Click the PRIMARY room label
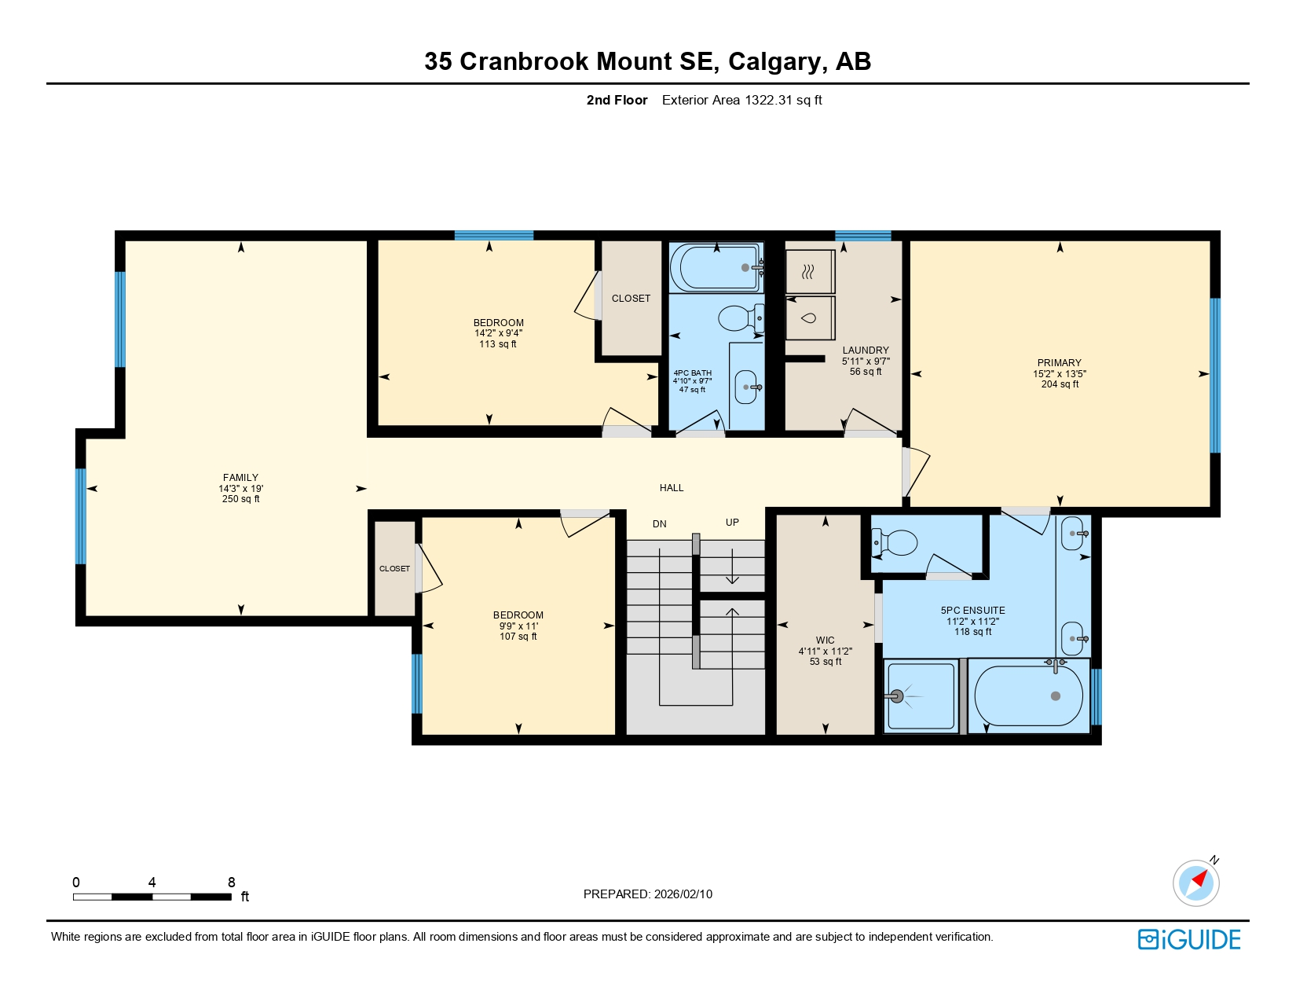(x=1059, y=363)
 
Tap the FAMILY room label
(x=240, y=478)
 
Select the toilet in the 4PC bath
(x=738, y=318)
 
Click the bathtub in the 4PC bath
(x=716, y=268)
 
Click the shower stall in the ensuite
(x=921, y=696)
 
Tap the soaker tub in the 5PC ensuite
(x=1029, y=696)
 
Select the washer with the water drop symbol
(x=809, y=318)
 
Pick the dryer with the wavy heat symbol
(x=809, y=272)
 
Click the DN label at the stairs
(x=659, y=524)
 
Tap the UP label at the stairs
(x=732, y=523)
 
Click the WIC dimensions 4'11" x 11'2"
(x=825, y=651)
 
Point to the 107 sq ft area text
(x=518, y=637)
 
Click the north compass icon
(x=1196, y=882)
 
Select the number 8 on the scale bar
(x=232, y=882)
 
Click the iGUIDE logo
(x=1189, y=939)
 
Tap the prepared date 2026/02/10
(x=683, y=894)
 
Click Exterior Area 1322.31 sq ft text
(x=741, y=100)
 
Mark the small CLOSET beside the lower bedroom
(x=394, y=568)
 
